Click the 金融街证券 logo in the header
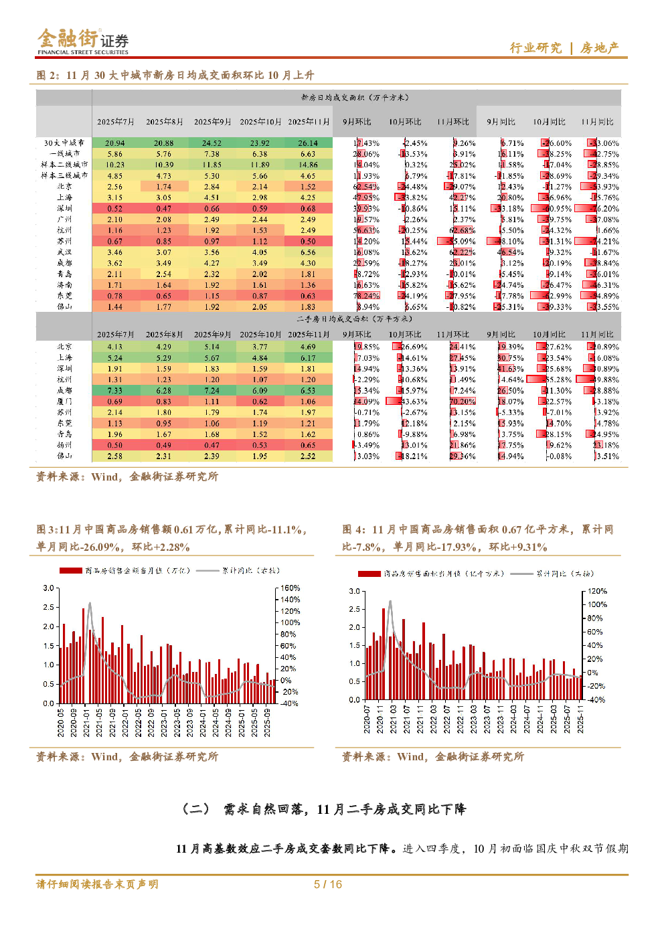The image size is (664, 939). [82, 41]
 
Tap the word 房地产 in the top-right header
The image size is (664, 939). [600, 48]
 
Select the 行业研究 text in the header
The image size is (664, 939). [535, 48]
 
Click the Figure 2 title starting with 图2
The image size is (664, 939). [175, 75]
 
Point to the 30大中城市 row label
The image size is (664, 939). [64, 143]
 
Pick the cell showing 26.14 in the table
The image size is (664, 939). [308, 143]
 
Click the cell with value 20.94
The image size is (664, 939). [115, 143]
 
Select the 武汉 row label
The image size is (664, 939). [64, 252]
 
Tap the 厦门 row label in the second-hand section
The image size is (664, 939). [64, 402]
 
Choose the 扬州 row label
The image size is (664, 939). [64, 445]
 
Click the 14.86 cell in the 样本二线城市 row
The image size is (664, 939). [308, 165]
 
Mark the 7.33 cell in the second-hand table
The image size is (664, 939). [115, 391]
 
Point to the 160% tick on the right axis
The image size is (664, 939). [290, 588]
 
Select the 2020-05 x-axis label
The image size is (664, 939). [61, 723]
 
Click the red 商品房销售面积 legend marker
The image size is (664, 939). [369, 574]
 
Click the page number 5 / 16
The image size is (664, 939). [328, 884]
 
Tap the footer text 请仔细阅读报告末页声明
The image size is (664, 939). [98, 884]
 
